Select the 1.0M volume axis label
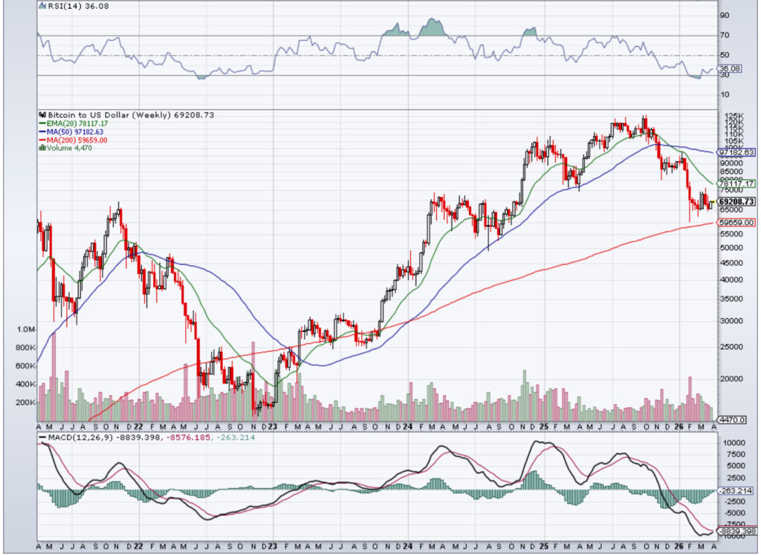[25, 329]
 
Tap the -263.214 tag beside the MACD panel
[736, 490]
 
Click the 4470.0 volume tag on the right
[735, 420]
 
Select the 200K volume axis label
[25, 402]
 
